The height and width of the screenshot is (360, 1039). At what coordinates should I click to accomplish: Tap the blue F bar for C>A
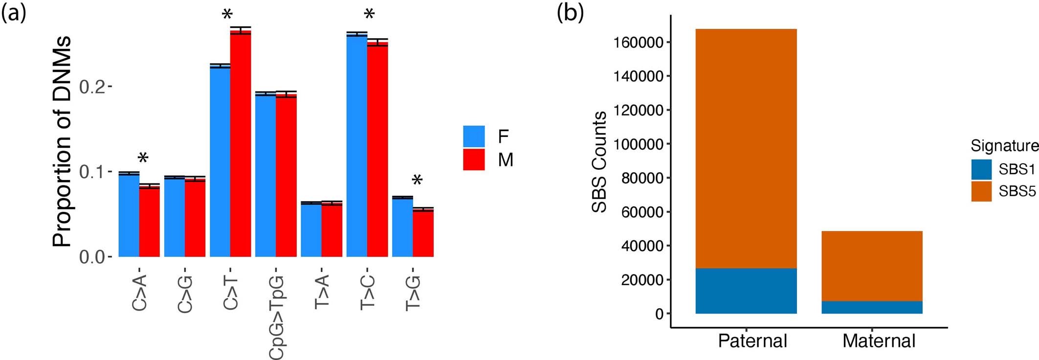click(x=129, y=215)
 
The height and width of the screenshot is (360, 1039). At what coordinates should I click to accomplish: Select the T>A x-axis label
click(x=322, y=292)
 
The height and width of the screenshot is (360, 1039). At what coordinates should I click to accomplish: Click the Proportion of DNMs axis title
click(x=62, y=141)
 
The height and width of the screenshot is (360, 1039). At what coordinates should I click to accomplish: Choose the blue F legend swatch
click(x=474, y=136)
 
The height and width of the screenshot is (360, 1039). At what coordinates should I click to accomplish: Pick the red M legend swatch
click(x=474, y=159)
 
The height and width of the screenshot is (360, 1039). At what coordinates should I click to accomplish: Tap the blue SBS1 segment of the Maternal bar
click(x=872, y=307)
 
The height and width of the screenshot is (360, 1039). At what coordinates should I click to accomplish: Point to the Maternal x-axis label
click(x=879, y=340)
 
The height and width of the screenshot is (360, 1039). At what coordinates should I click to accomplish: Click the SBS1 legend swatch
click(x=981, y=169)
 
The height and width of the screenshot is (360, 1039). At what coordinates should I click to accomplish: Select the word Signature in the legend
click(x=1004, y=146)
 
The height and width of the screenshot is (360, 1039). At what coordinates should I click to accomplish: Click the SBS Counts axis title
click(x=599, y=162)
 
